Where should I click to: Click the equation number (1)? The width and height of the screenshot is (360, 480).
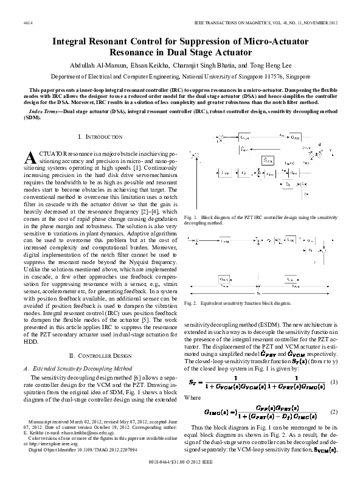click(x=334, y=381)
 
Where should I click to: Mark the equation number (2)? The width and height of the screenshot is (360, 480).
click(x=334, y=412)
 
